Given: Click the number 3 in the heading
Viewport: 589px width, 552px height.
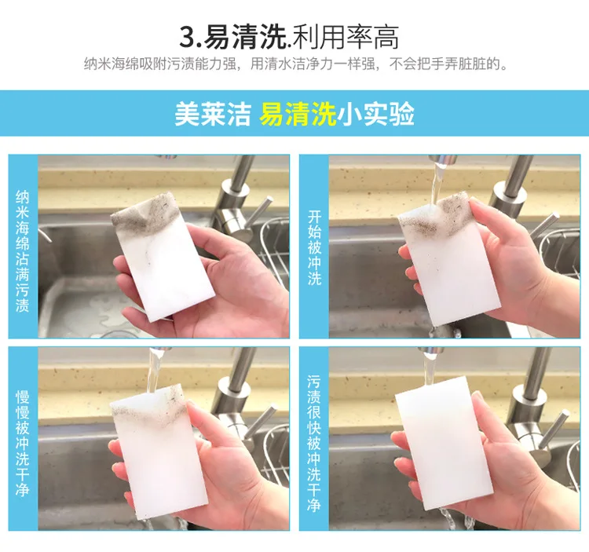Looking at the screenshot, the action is pyautogui.click(x=188, y=38).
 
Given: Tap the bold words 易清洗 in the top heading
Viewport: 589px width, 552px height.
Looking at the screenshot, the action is pyautogui.click(x=243, y=37).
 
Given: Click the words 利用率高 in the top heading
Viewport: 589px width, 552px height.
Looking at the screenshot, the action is pyautogui.click(x=346, y=37).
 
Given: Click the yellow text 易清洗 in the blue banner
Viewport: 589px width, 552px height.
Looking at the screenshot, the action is pyautogui.click(x=297, y=114).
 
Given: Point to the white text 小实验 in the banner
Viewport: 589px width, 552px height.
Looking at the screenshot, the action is pyautogui.click(x=375, y=114).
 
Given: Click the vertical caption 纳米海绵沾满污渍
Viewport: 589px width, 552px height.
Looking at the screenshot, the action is pyautogui.click(x=23, y=251).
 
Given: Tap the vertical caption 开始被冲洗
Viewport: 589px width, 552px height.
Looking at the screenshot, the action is pyautogui.click(x=314, y=248).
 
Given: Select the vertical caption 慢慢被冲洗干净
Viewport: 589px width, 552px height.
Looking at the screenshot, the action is pyautogui.click(x=23, y=444).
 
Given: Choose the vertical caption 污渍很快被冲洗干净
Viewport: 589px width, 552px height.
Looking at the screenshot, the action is pyautogui.click(x=313, y=443).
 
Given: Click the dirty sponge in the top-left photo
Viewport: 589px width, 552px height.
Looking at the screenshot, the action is pyautogui.click(x=163, y=257).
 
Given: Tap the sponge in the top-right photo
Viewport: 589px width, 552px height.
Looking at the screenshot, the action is pyautogui.click(x=450, y=259).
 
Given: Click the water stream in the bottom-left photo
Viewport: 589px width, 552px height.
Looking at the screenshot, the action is pyautogui.click(x=153, y=371).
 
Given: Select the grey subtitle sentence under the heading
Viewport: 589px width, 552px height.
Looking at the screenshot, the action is pyautogui.click(x=296, y=64).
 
